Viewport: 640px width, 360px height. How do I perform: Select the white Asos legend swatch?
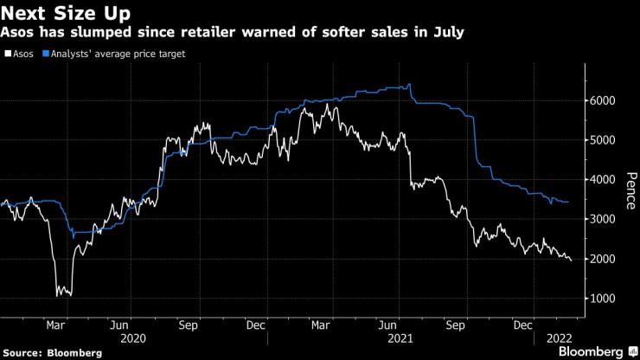point(7,54)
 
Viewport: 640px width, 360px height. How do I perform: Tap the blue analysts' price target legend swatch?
point(43,54)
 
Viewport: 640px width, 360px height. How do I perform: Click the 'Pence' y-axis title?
point(630,190)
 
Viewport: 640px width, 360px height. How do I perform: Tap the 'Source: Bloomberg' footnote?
point(53,352)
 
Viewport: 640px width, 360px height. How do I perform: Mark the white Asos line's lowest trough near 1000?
point(58,296)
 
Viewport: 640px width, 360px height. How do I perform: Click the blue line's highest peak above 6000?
point(409,84)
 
